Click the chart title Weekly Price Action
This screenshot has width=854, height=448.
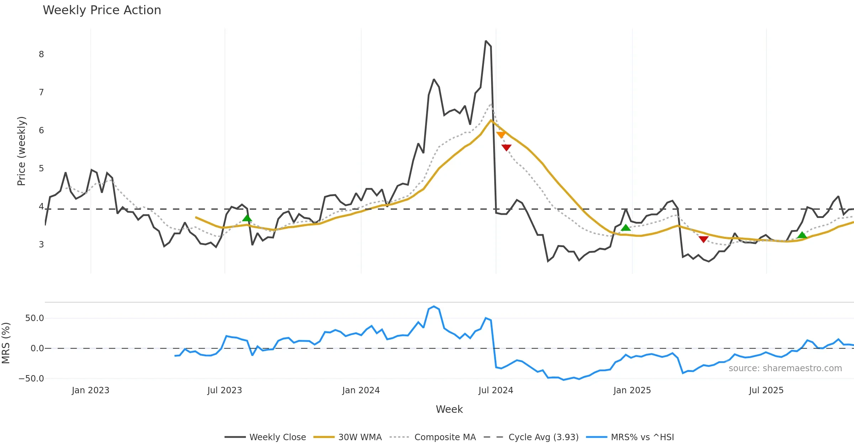click(102, 10)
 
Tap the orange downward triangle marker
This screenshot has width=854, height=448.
click(501, 135)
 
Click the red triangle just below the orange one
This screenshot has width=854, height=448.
click(506, 148)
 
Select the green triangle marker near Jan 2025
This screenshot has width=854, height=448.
click(626, 228)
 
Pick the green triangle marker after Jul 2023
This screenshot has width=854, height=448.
click(247, 218)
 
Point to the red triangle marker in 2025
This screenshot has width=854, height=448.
click(703, 239)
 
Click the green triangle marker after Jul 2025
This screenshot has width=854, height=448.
click(802, 235)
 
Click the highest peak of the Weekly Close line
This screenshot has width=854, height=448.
click(486, 41)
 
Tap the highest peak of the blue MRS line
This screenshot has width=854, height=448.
click(434, 306)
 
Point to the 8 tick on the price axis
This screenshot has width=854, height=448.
click(41, 54)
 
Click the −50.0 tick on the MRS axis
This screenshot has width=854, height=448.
click(31, 379)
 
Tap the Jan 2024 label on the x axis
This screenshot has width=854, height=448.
click(361, 390)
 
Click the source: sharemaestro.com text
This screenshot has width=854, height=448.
click(785, 368)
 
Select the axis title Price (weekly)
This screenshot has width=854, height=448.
click(21, 151)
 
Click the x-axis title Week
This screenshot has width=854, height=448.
click(449, 409)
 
